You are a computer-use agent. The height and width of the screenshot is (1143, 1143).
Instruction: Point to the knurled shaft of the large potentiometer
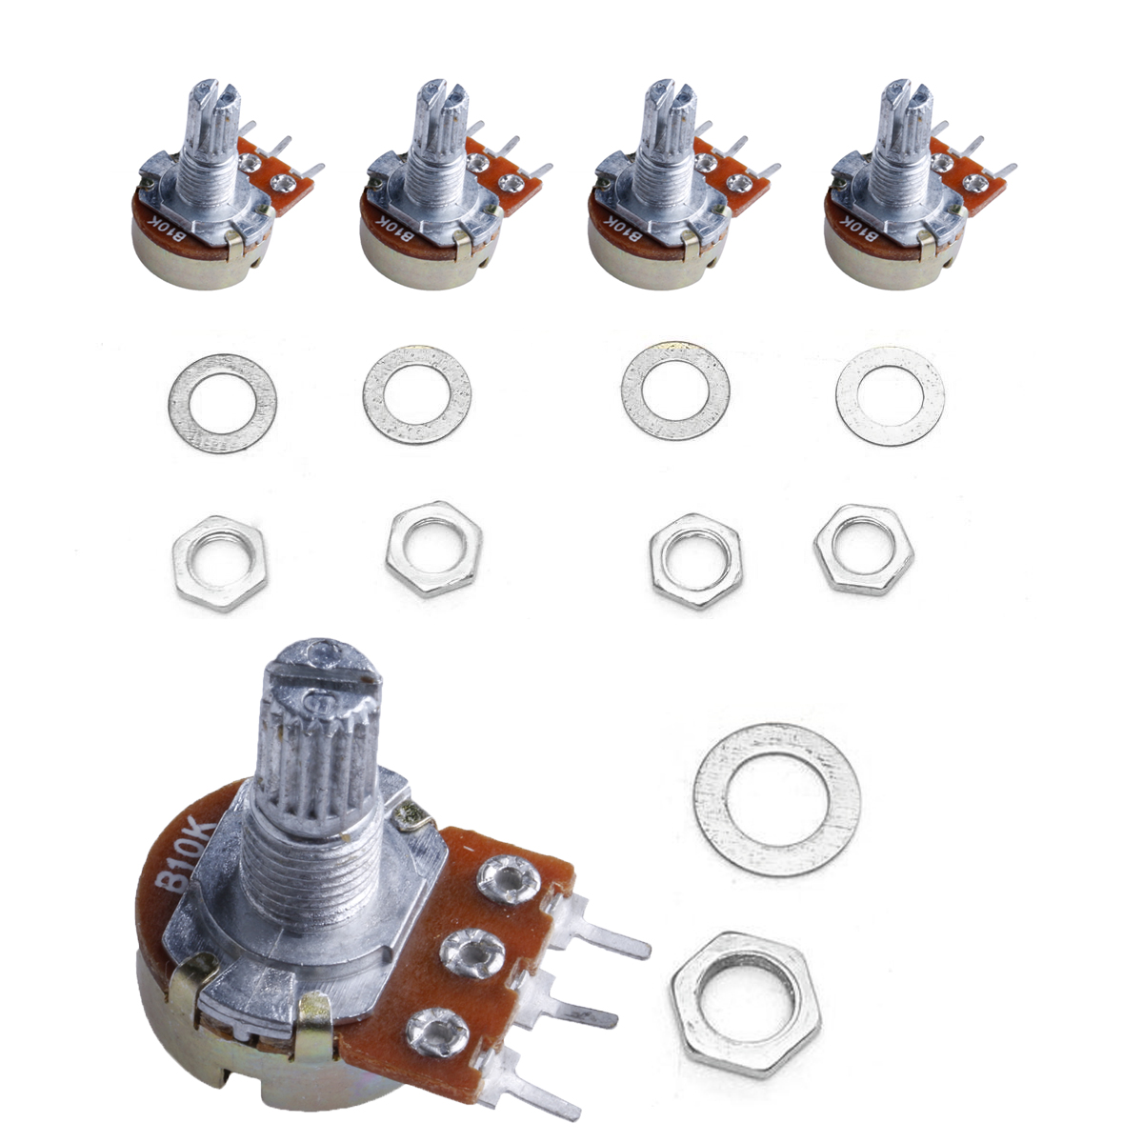pyautogui.click(x=319, y=733)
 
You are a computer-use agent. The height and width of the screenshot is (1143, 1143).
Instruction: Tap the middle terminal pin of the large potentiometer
pyautogui.click(x=591, y=1010)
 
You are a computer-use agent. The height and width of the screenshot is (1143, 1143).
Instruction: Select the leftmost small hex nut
pyautogui.click(x=219, y=562)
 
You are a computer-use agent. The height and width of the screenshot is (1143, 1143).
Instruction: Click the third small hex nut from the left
pyautogui.click(x=696, y=561)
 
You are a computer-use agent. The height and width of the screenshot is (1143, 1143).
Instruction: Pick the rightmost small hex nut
pyautogui.click(x=863, y=551)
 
